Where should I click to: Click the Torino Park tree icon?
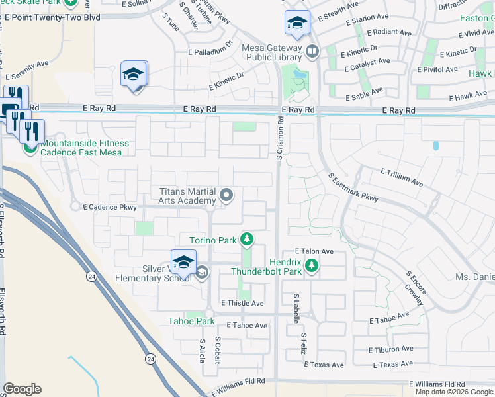click(247, 239)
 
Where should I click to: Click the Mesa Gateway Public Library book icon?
click(312, 50)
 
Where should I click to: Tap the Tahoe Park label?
click(191, 321)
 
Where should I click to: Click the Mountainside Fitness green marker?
click(30, 147)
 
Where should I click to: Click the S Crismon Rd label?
click(280, 137)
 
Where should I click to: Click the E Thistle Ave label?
click(243, 303)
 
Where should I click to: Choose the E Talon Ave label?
click(314, 251)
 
